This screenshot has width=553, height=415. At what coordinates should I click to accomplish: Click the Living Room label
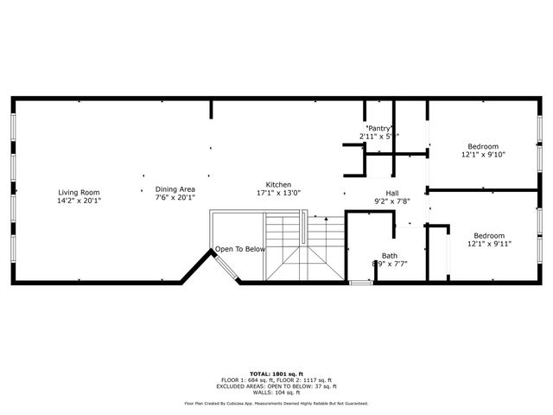[x=79, y=192]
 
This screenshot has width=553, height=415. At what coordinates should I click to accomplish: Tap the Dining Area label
[x=175, y=189]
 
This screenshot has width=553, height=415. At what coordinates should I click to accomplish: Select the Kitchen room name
[x=278, y=185]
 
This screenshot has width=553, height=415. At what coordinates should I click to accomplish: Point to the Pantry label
[x=380, y=128]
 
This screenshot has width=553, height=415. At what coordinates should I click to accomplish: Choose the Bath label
[x=391, y=255]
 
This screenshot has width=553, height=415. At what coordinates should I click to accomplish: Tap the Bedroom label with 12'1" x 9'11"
[x=489, y=236]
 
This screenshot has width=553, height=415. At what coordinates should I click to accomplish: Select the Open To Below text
[x=240, y=249]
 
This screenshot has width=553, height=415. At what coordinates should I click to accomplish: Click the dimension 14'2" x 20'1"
[x=79, y=201]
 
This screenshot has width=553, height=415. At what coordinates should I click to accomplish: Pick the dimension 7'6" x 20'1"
[x=175, y=198]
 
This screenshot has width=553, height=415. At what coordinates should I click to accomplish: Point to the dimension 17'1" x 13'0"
[x=278, y=194]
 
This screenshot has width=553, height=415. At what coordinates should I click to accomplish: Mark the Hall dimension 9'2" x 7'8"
[x=391, y=201]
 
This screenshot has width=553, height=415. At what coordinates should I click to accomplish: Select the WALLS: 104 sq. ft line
[x=276, y=392]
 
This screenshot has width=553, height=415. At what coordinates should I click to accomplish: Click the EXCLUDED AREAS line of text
[x=276, y=386]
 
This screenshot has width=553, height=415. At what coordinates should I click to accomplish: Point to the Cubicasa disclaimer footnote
[x=276, y=403]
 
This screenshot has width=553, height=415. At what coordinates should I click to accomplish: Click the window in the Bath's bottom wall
[x=360, y=282]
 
